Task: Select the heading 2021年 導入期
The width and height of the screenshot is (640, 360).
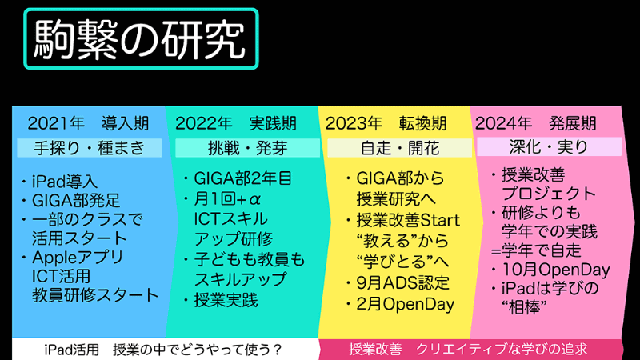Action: click(x=88, y=124)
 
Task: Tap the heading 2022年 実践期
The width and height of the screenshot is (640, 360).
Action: click(x=236, y=124)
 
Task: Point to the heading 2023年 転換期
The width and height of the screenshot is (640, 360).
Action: click(x=386, y=124)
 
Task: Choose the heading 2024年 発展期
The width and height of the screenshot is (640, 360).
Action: click(x=535, y=124)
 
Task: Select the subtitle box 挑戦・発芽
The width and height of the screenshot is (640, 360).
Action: click(x=237, y=148)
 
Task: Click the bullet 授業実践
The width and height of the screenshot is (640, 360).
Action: click(x=226, y=300)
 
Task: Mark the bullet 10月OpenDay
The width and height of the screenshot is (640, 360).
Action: click(x=550, y=270)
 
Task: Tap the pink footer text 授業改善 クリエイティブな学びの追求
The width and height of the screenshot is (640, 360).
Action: click(x=469, y=350)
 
